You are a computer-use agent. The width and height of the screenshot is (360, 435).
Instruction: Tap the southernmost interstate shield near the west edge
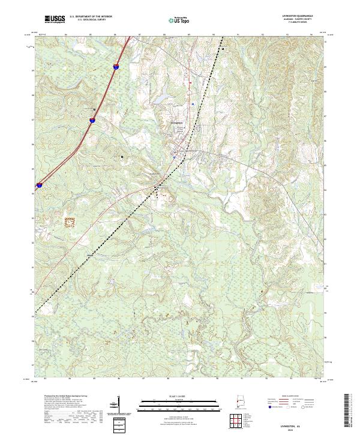tap(39, 186)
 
